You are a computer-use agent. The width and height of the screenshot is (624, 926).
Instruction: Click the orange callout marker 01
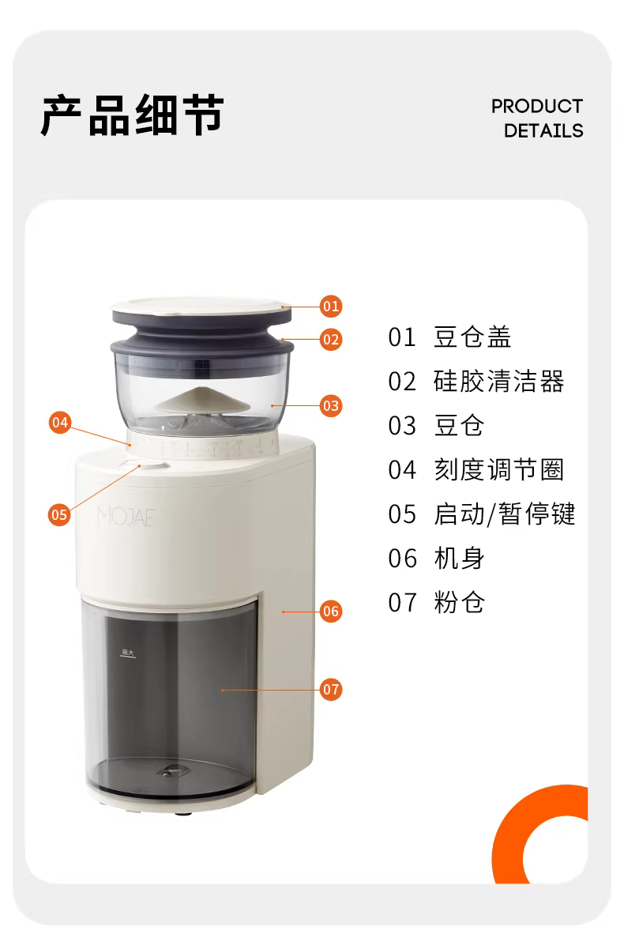click(x=331, y=306)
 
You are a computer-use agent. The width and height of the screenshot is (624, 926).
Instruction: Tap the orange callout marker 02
click(x=331, y=340)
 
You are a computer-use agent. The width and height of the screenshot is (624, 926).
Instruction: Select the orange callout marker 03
click(x=331, y=405)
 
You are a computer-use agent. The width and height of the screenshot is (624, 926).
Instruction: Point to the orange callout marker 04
click(x=59, y=422)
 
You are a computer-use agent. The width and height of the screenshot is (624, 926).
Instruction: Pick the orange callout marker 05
click(x=59, y=514)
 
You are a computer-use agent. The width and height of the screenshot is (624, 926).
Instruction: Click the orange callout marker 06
click(x=331, y=611)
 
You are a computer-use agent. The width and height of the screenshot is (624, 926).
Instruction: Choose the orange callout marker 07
click(x=331, y=689)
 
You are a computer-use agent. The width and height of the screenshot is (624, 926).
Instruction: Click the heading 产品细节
click(x=132, y=115)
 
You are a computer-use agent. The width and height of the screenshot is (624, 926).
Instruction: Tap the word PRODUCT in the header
click(x=536, y=107)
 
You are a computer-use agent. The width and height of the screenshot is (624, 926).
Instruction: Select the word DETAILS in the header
click(x=543, y=130)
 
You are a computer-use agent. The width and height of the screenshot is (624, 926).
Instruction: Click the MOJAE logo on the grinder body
click(x=126, y=516)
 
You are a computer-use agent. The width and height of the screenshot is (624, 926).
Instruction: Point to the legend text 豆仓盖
click(x=472, y=337)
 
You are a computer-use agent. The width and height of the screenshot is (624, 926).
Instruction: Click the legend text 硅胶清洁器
click(x=499, y=382)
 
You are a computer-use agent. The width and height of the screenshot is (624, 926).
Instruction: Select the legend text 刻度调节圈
click(x=499, y=470)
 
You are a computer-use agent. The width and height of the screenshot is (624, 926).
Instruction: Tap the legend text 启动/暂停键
click(x=504, y=514)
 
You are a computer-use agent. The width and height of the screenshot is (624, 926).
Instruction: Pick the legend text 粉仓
click(x=459, y=602)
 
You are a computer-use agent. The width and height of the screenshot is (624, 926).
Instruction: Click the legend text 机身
click(x=459, y=558)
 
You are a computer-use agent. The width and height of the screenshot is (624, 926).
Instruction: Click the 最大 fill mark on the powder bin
click(x=128, y=653)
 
